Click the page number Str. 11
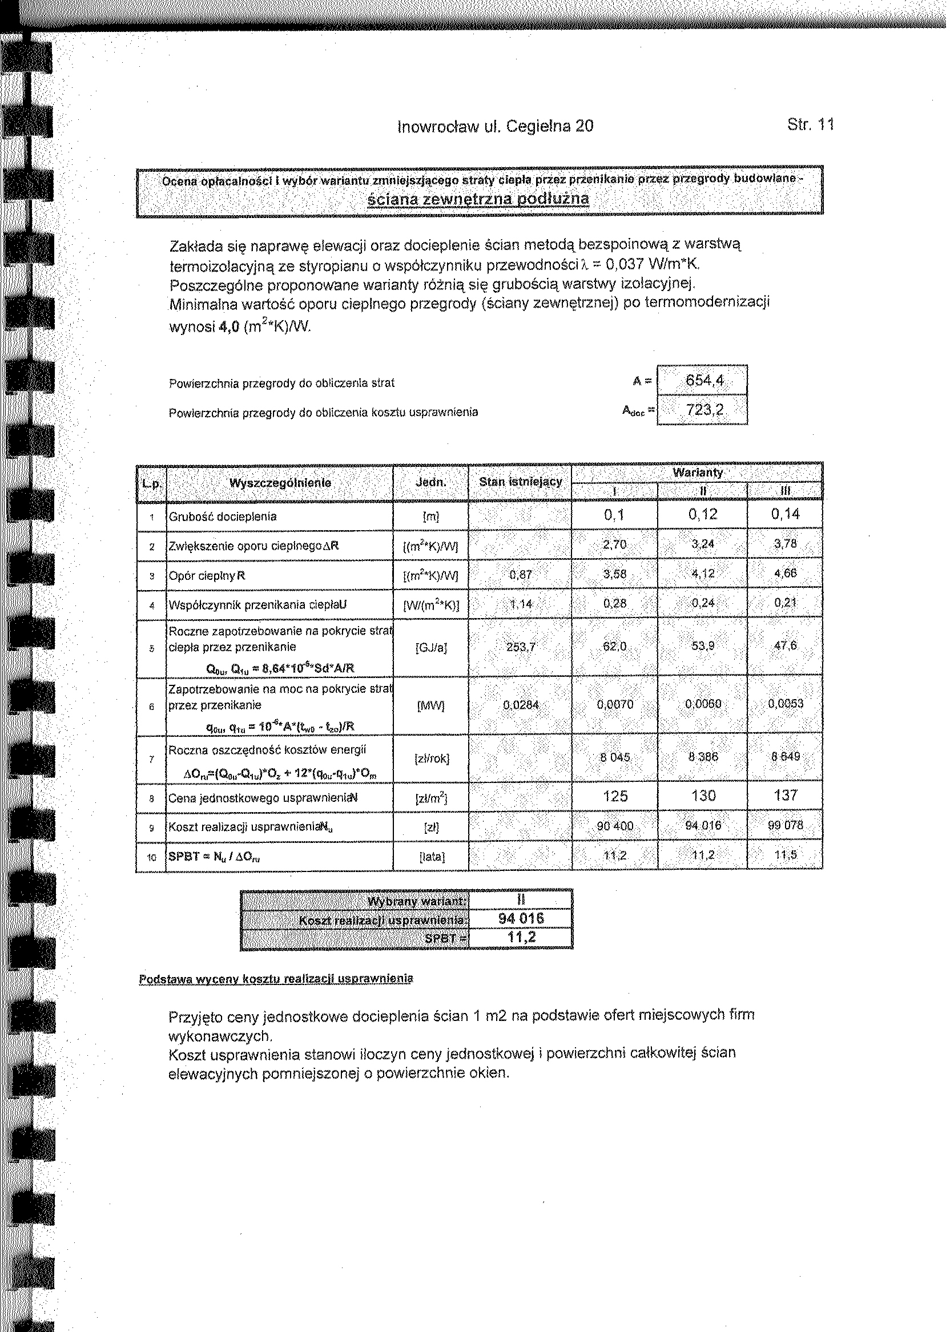tap(810, 124)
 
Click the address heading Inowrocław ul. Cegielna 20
tap(495, 126)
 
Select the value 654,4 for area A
tap(705, 381)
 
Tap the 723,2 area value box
tap(705, 410)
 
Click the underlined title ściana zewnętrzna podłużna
tap(478, 199)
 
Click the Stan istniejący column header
tap(520, 482)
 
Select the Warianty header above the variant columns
tap(697, 472)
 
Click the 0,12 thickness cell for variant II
tap(703, 515)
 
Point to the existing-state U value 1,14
tap(520, 603)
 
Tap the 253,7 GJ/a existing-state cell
tap(520, 647)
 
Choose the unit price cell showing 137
tap(785, 795)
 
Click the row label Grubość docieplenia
tap(222, 516)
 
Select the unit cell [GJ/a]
tap(430, 648)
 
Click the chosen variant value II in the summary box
tap(521, 900)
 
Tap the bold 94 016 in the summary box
tap(521, 919)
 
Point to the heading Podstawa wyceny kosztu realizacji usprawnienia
tap(276, 979)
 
